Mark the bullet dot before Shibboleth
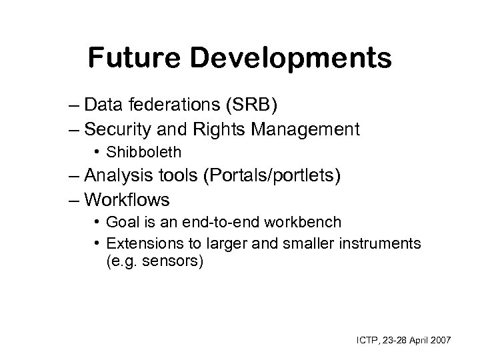98,153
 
